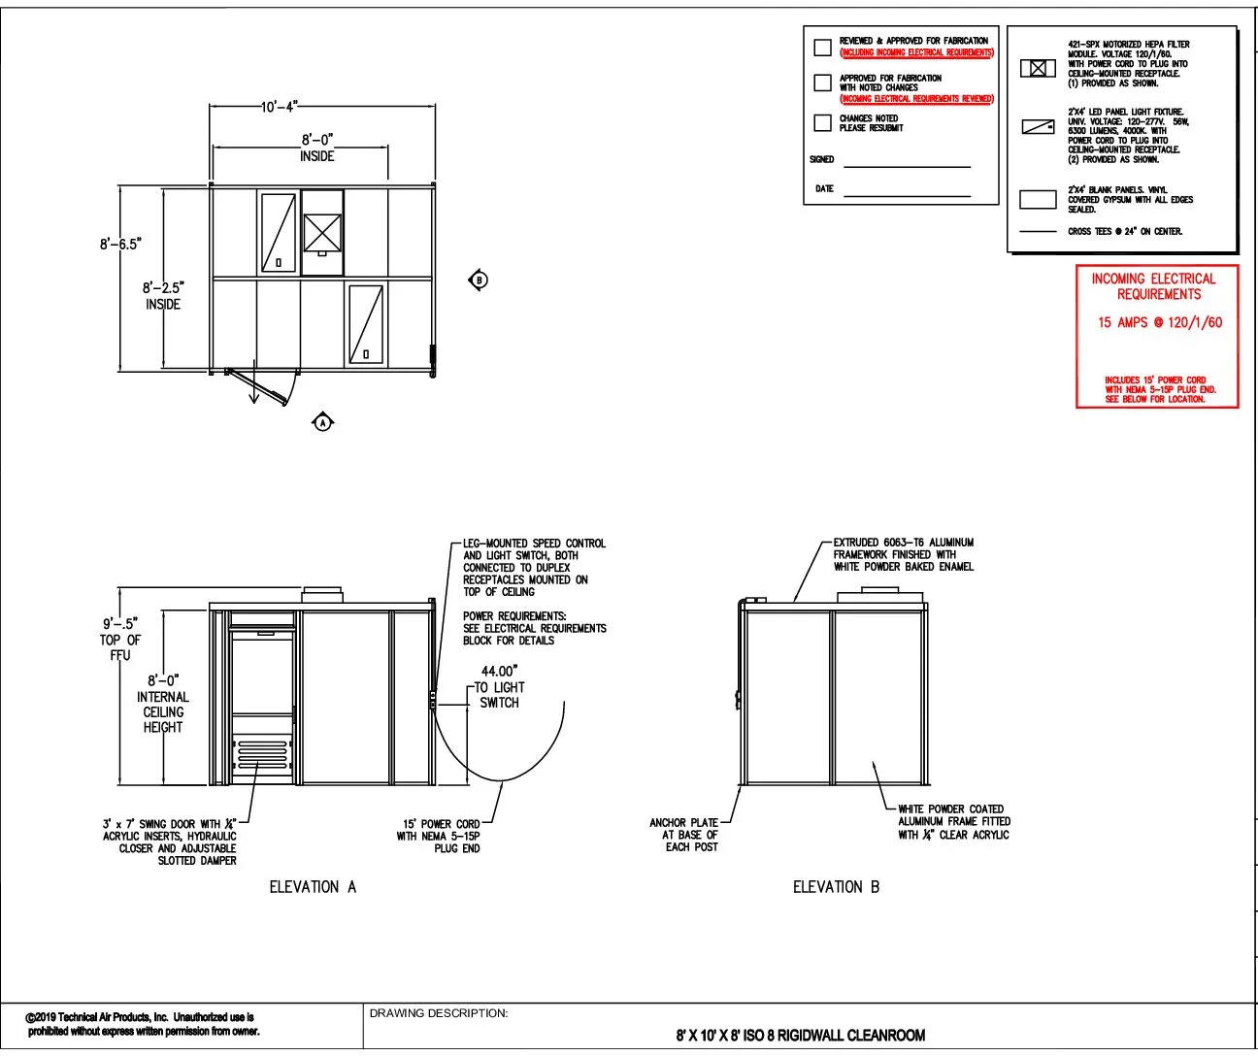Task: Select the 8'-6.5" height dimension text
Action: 119,244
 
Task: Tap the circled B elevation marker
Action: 479,280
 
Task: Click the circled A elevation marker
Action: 323,422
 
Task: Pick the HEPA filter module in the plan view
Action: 322,233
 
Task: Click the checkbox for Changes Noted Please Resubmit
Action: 822,122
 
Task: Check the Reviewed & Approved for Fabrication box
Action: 822,47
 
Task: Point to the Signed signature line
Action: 907,166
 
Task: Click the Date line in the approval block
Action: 907,195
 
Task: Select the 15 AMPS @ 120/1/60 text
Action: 1159,322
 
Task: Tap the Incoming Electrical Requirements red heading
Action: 1153,286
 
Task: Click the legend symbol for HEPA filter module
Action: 1038,68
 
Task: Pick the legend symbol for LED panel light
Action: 1038,127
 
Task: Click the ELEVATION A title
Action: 313,886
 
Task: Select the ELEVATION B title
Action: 836,886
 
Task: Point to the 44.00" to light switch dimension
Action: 500,686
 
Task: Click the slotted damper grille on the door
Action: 262,753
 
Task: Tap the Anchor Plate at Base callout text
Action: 684,835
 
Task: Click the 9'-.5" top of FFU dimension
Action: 120,639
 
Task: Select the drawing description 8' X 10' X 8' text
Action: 800,1035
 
